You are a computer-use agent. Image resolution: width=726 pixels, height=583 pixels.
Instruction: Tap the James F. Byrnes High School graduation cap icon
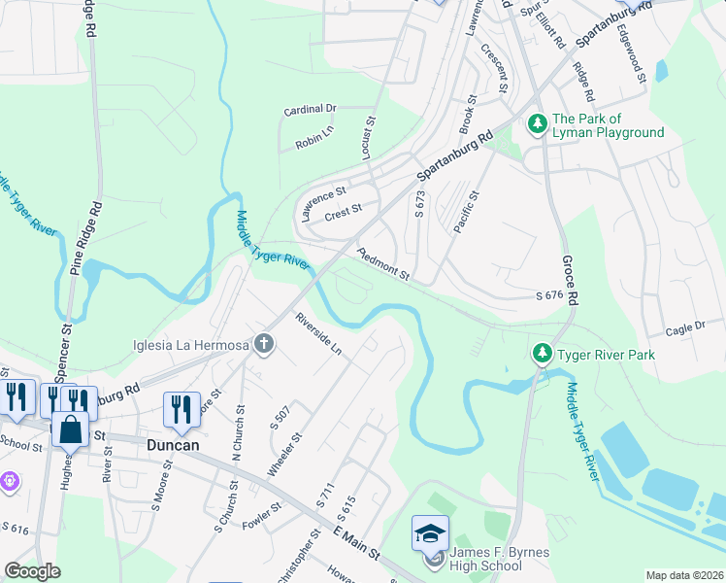[430, 533]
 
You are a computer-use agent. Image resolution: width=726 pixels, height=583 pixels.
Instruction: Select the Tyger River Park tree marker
[543, 354]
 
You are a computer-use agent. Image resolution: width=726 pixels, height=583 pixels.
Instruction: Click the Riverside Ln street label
[319, 332]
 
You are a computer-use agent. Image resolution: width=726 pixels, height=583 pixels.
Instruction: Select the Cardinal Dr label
[310, 110]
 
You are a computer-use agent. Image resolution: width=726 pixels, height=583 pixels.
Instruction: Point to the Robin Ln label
[314, 141]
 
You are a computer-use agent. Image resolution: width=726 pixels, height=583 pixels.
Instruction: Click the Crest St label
[344, 209]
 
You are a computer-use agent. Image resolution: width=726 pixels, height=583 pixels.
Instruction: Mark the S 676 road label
[548, 295]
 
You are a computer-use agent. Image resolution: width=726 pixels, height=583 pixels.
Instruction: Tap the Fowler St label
[262, 514]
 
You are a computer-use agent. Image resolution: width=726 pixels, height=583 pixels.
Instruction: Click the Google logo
[33, 571]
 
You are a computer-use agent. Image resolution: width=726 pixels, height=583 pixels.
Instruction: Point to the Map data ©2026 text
[683, 575]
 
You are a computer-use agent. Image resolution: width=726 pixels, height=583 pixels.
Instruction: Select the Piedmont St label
[384, 265]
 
